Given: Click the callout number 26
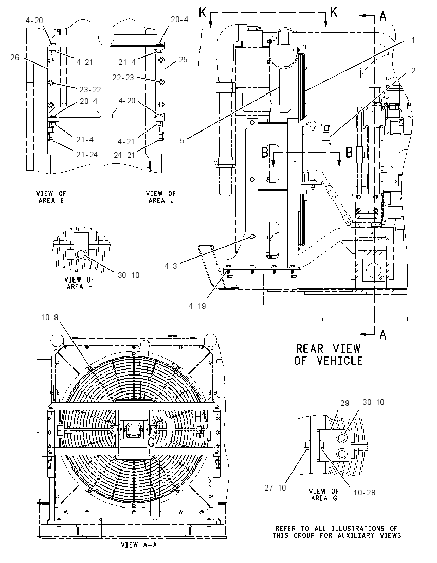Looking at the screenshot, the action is pyautogui.click(x=15, y=57).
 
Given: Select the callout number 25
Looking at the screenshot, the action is pyautogui.click(x=183, y=59).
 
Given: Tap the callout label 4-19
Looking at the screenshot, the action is pyautogui.click(x=197, y=306).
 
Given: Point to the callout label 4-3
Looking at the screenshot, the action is pyautogui.click(x=171, y=266).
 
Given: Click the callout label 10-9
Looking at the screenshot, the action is pyautogui.click(x=49, y=317).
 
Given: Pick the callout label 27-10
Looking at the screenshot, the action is pyautogui.click(x=275, y=488).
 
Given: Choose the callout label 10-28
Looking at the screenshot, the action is pyautogui.click(x=365, y=492).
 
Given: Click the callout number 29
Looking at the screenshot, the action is pyautogui.click(x=344, y=403).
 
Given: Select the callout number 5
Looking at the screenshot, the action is pyautogui.click(x=182, y=140).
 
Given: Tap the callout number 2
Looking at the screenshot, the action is pyautogui.click(x=413, y=71).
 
